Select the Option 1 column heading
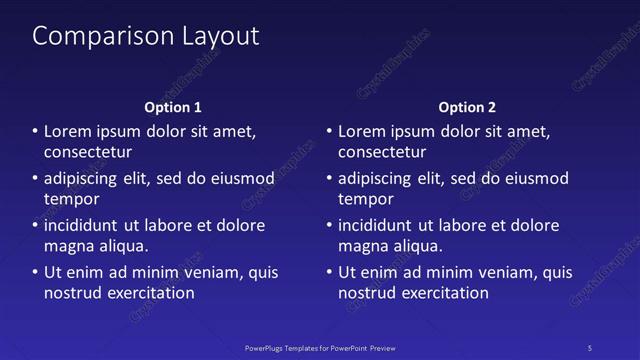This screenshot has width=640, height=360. point(173,107)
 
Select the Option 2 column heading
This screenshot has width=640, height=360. point(467,107)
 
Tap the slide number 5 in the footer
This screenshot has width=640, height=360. point(589,347)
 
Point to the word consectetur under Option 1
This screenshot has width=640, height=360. point(88,152)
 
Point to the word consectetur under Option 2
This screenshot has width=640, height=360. point(382,152)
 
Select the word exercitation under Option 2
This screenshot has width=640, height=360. point(443,293)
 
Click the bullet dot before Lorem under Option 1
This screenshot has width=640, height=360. point(35,132)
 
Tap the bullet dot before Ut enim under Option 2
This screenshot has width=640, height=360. point(329,273)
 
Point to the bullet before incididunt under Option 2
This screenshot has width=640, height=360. point(329,226)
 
